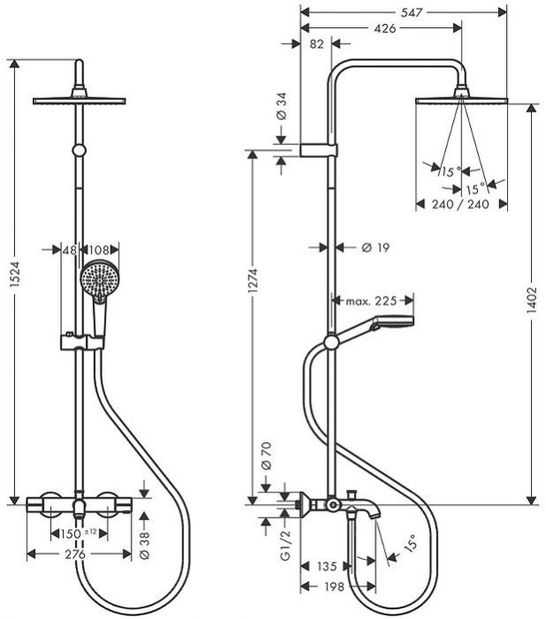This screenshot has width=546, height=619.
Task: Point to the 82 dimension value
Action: pyautogui.click(x=316, y=43)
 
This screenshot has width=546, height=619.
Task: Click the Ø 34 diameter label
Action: pyautogui.click(x=279, y=106)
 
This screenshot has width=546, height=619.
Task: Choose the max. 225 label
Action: pyautogui.click(x=373, y=302)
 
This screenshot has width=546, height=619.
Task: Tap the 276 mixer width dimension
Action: pyautogui.click(x=74, y=554)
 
